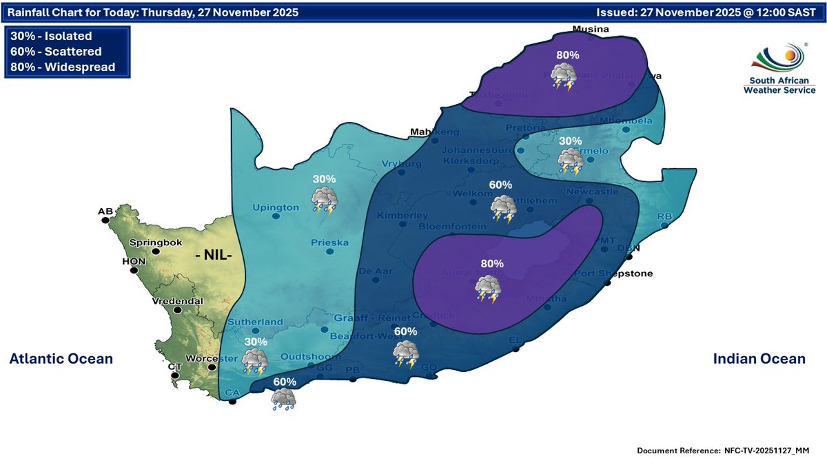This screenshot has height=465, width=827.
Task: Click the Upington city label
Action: [276, 207]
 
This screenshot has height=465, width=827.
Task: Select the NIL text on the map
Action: [215, 255]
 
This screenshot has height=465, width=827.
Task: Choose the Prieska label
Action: [329, 242]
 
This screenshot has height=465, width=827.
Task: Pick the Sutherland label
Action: [255, 322]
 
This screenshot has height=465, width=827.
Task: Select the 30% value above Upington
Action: [324, 178]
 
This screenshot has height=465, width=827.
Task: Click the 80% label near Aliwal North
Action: [492, 263]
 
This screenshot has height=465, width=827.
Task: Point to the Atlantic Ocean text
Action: [61, 359]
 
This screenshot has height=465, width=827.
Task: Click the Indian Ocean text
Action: [759, 359]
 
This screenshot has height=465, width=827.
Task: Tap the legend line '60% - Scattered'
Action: [57, 52]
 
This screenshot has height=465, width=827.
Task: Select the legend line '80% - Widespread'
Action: [63, 67]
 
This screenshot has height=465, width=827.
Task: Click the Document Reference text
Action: [723, 451]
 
